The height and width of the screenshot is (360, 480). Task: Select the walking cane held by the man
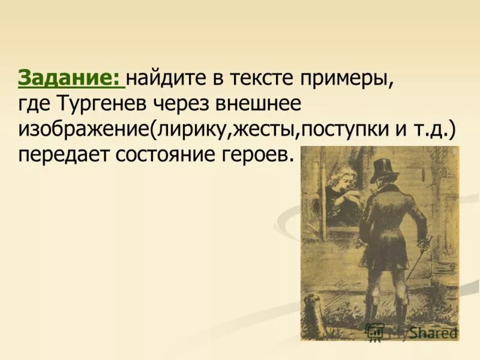420,258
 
